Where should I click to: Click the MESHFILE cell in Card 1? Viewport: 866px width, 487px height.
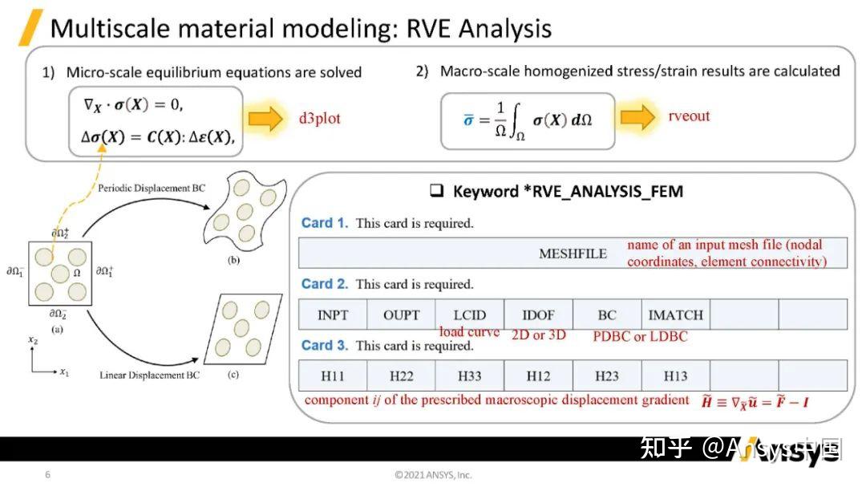tap(573, 254)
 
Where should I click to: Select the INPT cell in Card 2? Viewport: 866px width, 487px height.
tap(333, 315)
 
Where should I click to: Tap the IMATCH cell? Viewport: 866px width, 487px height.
tap(675, 315)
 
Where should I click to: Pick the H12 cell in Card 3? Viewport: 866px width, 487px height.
tap(538, 375)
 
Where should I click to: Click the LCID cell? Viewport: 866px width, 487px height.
tap(470, 315)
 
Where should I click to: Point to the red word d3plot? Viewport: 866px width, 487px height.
tap(320, 119)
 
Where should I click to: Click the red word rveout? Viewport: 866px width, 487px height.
tap(689, 116)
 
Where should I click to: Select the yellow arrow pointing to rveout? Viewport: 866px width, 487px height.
tap(638, 116)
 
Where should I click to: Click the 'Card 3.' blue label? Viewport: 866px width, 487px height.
tap(324, 346)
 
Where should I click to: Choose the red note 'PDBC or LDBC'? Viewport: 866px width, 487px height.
tap(640, 336)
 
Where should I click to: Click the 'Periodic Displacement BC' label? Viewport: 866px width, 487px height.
tap(152, 188)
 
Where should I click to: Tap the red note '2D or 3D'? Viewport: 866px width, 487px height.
tap(538, 335)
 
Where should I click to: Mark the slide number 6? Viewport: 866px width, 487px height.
tap(47, 474)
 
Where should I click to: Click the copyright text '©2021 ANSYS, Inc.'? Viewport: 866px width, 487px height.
tap(434, 474)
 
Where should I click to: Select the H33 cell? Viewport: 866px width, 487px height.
tap(470, 375)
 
